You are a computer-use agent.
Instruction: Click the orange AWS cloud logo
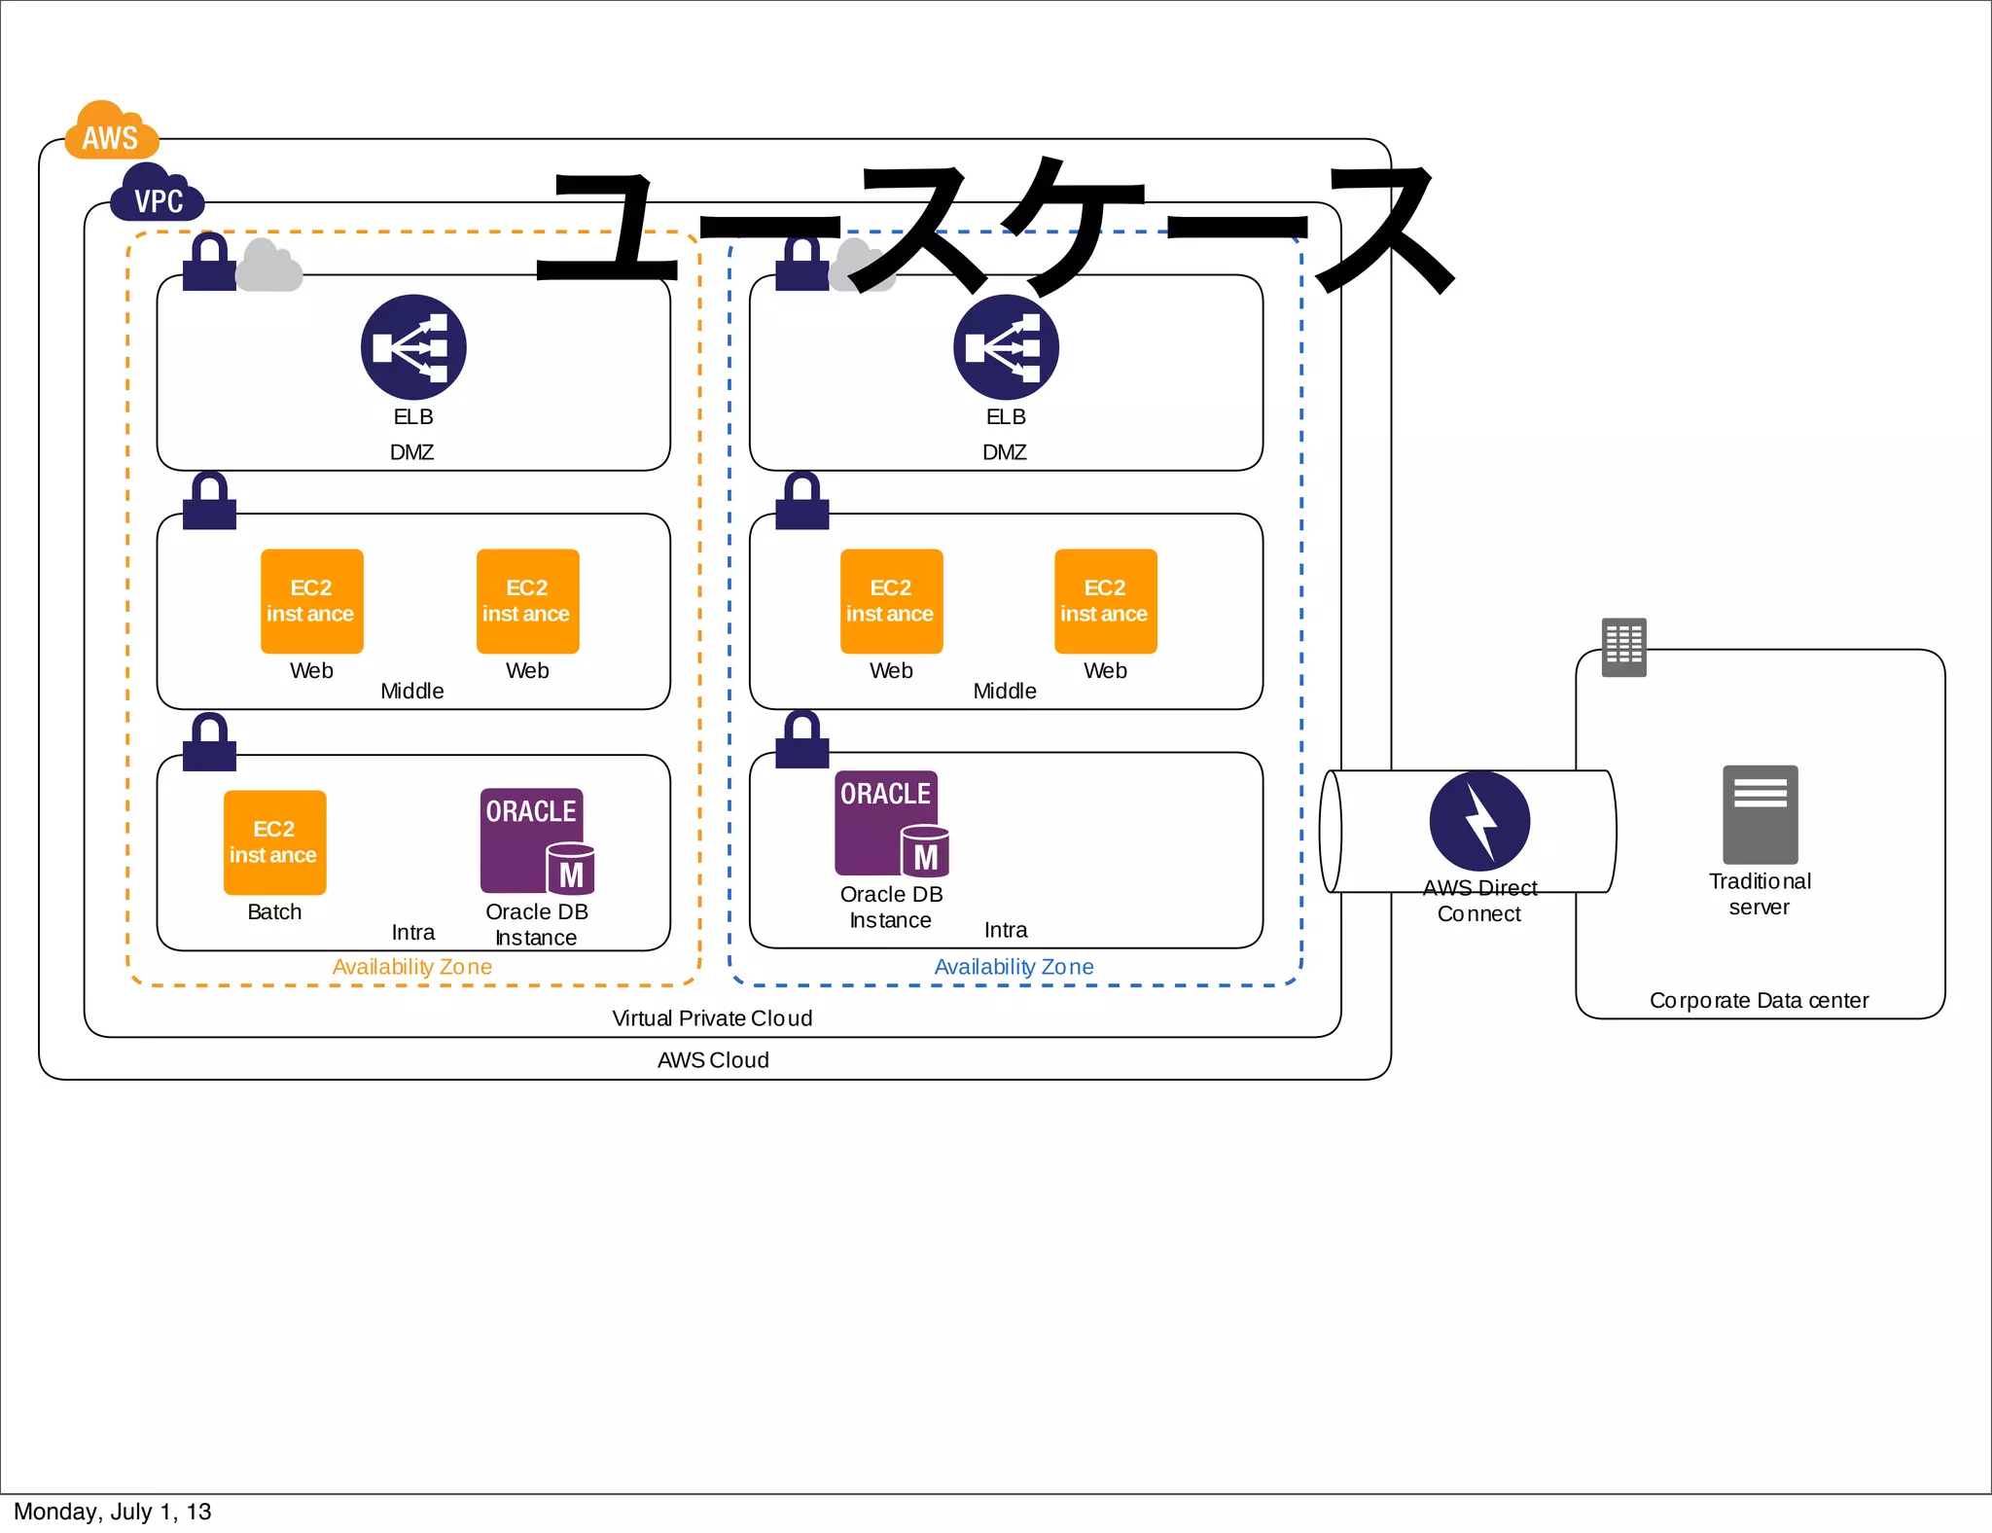coord(111,131)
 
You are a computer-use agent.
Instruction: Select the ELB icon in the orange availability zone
coord(413,347)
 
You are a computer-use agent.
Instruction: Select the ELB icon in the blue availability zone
coord(1006,347)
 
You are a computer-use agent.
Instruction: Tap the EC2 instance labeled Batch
coord(274,842)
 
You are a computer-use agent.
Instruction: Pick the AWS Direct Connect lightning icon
coord(1479,821)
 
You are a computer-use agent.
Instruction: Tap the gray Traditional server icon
coord(1760,815)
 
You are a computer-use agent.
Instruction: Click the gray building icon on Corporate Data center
coord(1624,647)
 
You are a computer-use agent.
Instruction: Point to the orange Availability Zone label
coord(411,967)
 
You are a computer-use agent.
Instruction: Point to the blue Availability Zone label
coord(1014,967)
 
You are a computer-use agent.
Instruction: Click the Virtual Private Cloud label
coord(712,1018)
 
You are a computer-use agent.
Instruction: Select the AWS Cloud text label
coord(713,1060)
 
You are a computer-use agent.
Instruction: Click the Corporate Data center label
coord(1759,1001)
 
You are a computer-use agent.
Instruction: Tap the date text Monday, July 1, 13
coord(112,1512)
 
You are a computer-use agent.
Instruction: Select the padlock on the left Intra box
coord(209,743)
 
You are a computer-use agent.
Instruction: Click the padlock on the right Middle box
coord(801,501)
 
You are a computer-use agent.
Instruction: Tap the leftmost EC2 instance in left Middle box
coord(311,601)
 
